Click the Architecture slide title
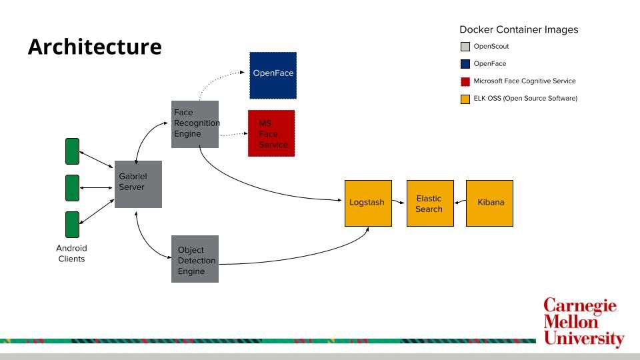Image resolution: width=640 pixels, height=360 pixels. point(95,47)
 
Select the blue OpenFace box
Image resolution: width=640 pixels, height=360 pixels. point(273,75)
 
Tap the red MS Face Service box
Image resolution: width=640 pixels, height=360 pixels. point(271,133)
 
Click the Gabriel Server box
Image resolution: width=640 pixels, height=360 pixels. point(138,184)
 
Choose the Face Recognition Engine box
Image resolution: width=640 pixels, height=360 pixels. point(195,124)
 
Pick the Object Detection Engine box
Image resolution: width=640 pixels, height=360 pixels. point(195,259)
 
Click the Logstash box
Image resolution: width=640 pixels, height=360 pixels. point(368,203)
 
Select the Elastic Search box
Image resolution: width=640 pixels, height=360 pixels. point(430,203)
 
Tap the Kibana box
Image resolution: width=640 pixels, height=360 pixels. point(489,203)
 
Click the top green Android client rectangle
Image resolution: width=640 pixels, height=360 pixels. point(72,151)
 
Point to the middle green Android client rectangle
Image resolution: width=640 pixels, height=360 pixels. point(72,188)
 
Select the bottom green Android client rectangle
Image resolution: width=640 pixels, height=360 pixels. point(72,225)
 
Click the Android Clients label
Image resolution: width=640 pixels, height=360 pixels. point(71,253)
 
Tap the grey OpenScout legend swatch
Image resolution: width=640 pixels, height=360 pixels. point(465,47)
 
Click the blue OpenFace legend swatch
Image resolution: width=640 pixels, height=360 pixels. point(465,64)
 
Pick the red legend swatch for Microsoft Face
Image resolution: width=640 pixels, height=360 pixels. point(465,81)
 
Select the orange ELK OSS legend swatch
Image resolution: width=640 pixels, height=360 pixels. point(465,99)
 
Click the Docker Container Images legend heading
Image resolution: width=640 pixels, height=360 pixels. point(519,30)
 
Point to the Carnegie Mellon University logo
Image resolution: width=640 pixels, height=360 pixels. point(583,323)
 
